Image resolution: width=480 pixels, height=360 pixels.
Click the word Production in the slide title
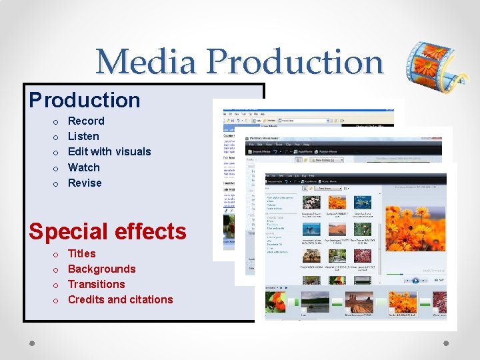pyautogui.click(x=295, y=62)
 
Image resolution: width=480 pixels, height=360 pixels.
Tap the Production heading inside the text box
pyautogui.click(x=85, y=100)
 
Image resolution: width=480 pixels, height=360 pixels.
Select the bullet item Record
pyautogui.click(x=86, y=121)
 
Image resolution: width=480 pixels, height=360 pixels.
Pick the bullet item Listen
pyautogui.click(x=83, y=136)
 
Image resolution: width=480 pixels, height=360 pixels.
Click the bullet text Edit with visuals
pyautogui.click(x=109, y=151)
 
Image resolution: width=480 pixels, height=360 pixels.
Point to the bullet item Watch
pyautogui.click(x=84, y=167)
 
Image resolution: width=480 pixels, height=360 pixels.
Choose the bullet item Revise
pyautogui.click(x=85, y=183)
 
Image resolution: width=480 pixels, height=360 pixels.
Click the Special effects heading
pyautogui.click(x=107, y=231)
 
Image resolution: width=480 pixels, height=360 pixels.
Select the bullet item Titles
pyautogui.click(x=82, y=253)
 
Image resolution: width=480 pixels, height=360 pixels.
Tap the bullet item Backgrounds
pyautogui.click(x=101, y=269)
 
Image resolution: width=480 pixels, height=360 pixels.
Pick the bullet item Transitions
pyautogui.click(x=97, y=284)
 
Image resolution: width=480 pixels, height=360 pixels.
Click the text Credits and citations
pyautogui.click(x=121, y=299)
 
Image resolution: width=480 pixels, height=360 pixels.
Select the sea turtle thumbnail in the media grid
pyautogui.click(x=362, y=202)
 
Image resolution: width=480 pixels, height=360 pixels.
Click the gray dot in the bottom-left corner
pyautogui.click(x=31, y=342)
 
